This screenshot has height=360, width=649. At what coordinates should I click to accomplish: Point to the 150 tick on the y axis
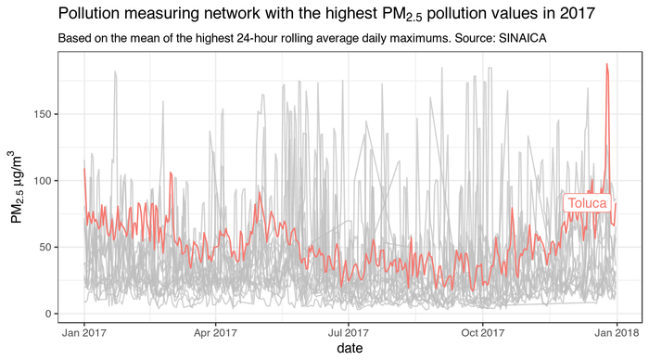pyautogui.click(x=45, y=114)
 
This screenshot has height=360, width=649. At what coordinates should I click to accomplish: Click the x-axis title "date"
pyautogui.click(x=350, y=348)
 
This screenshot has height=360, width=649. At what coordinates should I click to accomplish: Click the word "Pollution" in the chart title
pyautogui.click(x=90, y=15)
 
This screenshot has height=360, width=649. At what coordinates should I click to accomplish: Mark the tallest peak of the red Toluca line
pyautogui.click(x=606, y=65)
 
